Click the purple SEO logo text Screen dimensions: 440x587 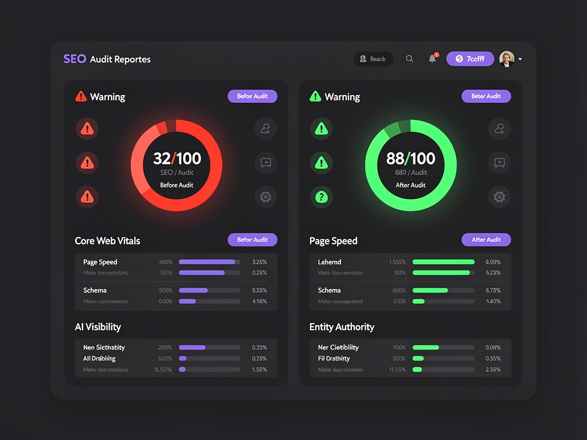(75, 59)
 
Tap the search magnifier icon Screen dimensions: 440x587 (409, 59)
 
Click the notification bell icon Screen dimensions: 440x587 (432, 59)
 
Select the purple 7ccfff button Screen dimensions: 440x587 (469, 59)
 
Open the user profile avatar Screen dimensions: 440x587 (507, 59)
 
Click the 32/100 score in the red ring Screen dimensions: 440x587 (177, 158)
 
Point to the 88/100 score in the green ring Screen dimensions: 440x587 (411, 158)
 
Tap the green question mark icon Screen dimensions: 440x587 (322, 197)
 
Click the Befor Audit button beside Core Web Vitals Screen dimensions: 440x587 (252, 239)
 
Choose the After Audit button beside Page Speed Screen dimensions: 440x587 (486, 239)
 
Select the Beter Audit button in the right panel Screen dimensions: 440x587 (486, 96)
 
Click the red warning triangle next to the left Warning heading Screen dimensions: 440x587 (81, 97)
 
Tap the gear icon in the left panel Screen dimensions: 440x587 (265, 197)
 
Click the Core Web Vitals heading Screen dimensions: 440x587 (107, 241)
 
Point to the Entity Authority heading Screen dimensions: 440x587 (342, 327)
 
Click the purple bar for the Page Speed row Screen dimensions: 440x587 (207, 262)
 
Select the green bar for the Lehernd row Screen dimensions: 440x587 (443, 262)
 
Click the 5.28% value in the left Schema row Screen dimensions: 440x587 (259, 290)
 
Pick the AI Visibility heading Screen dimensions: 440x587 (97, 327)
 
